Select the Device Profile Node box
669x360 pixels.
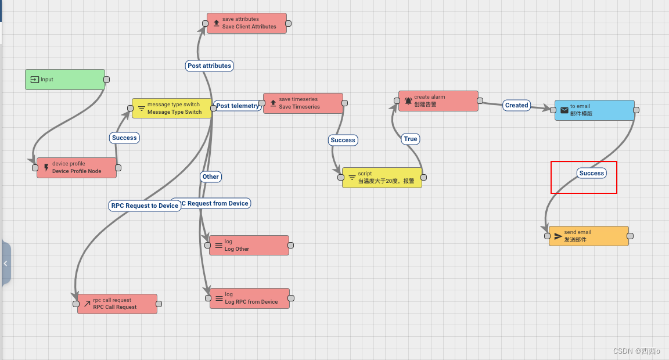tap(77, 168)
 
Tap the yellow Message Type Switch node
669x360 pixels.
tap(172, 109)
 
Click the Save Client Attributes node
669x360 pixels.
tap(247, 23)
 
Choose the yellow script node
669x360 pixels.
tap(382, 178)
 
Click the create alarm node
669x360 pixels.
tap(438, 101)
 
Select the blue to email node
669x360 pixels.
tap(595, 110)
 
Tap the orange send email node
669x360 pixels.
tap(589, 236)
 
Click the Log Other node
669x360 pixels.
tap(249, 246)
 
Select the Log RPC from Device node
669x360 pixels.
tap(250, 298)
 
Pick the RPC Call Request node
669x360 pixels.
tap(117, 304)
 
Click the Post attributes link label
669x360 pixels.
tap(210, 66)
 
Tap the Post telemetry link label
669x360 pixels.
tap(238, 106)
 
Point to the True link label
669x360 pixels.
tap(411, 139)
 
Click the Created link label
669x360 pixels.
tap(516, 105)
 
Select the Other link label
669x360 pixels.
tap(211, 177)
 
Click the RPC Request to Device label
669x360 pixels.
tap(145, 206)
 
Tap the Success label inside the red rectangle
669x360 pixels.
tap(592, 173)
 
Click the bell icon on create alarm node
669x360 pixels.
tap(408, 101)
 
